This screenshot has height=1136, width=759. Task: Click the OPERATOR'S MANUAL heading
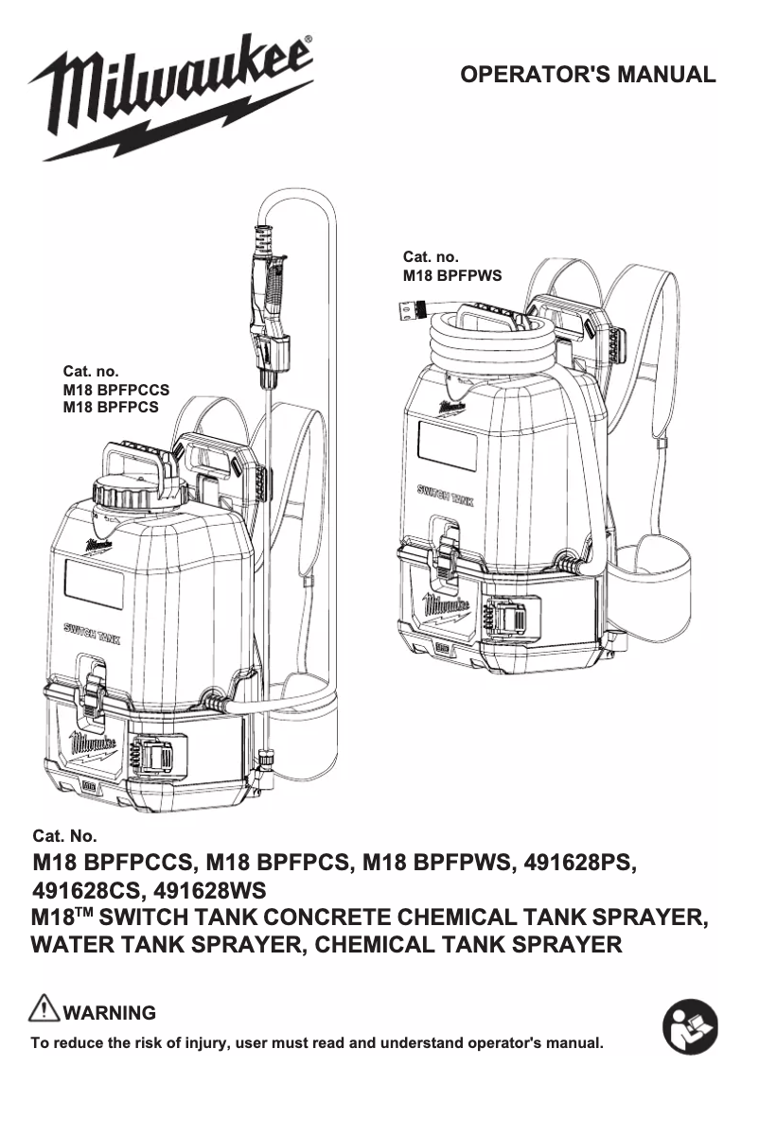(x=587, y=75)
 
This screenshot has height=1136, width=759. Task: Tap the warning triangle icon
(x=44, y=1009)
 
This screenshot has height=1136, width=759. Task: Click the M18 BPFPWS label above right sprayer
(x=452, y=276)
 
